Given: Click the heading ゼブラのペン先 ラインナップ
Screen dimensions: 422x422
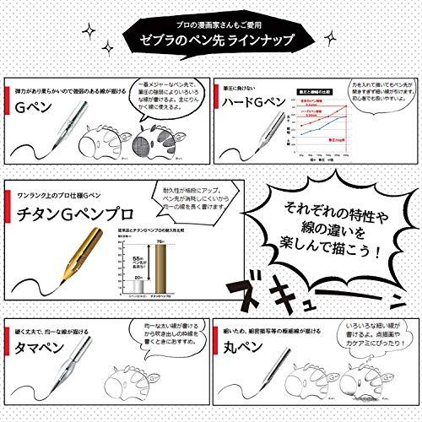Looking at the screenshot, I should click(211, 41).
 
